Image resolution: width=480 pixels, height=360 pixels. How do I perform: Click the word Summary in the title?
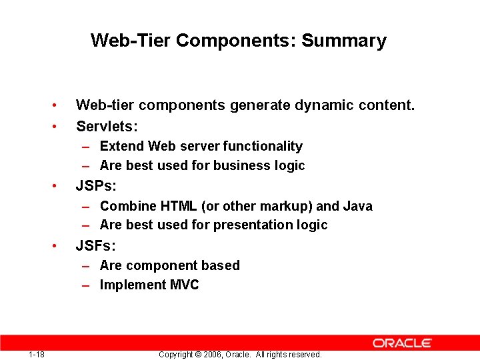[343, 41]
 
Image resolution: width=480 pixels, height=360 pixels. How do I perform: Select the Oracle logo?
[402, 343]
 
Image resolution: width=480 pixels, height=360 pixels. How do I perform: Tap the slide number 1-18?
[37, 354]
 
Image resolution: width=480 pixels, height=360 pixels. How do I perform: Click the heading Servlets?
[107, 126]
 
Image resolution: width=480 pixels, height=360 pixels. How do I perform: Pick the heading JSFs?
[96, 246]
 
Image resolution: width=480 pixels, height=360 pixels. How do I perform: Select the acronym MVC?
[185, 285]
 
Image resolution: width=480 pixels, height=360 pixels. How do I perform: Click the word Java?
[357, 206]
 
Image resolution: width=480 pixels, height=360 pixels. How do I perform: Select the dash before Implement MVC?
[87, 285]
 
